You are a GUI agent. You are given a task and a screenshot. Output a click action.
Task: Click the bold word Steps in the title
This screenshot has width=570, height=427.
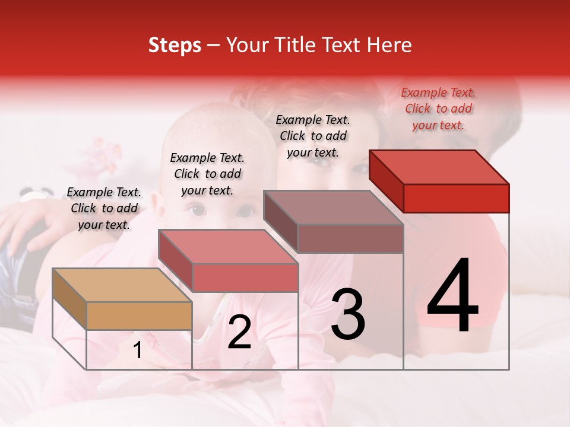pos(175,45)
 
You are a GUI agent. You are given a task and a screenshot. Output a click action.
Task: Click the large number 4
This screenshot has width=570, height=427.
pos(452,297)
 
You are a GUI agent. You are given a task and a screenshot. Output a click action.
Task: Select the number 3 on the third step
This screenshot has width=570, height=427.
pos(348,314)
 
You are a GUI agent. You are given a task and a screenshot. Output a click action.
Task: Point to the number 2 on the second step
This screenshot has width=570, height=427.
pos(239,333)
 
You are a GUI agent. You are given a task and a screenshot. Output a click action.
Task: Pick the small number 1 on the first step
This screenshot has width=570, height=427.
pos(138,350)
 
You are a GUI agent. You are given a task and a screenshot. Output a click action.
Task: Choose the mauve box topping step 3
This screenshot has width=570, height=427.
pos(334,222)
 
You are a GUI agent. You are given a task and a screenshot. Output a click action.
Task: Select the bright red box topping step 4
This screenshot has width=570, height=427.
pos(440,181)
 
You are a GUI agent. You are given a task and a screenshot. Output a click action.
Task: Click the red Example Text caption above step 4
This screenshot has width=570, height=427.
pos(438,109)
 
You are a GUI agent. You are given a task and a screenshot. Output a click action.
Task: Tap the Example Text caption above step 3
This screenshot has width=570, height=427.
pos(313,136)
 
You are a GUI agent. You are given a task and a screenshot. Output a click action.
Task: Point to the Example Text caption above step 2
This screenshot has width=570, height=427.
pos(207,174)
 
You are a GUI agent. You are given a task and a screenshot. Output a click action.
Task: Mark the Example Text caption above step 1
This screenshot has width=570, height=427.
pos(104,208)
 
